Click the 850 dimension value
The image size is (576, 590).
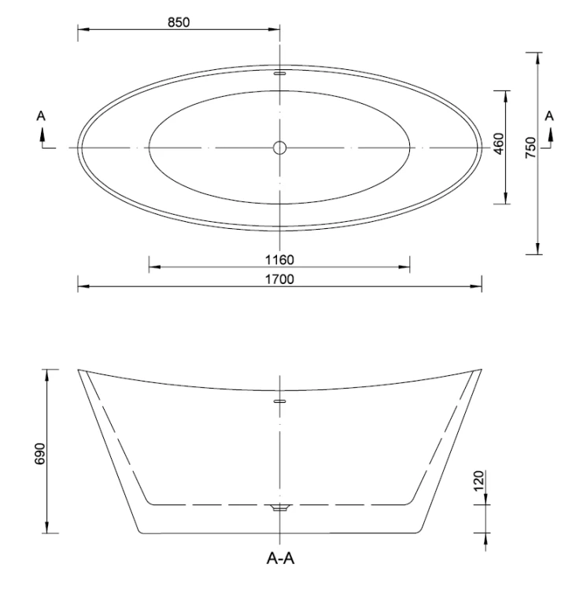tap(179, 22)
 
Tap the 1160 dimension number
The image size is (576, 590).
tap(279, 260)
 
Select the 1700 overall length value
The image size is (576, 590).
tap(279, 278)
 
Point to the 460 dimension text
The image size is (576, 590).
tap(498, 147)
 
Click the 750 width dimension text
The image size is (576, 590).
tap(531, 147)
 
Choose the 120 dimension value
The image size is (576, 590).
tap(479, 481)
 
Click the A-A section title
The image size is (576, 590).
tap(280, 561)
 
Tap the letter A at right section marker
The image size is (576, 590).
tap(550, 116)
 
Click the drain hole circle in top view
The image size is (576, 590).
tap(279, 147)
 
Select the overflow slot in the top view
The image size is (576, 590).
tap(279, 72)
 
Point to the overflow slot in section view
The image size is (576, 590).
tap(279, 400)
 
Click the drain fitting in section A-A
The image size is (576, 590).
tap(279, 508)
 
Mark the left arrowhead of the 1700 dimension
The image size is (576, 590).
tap(82, 286)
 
